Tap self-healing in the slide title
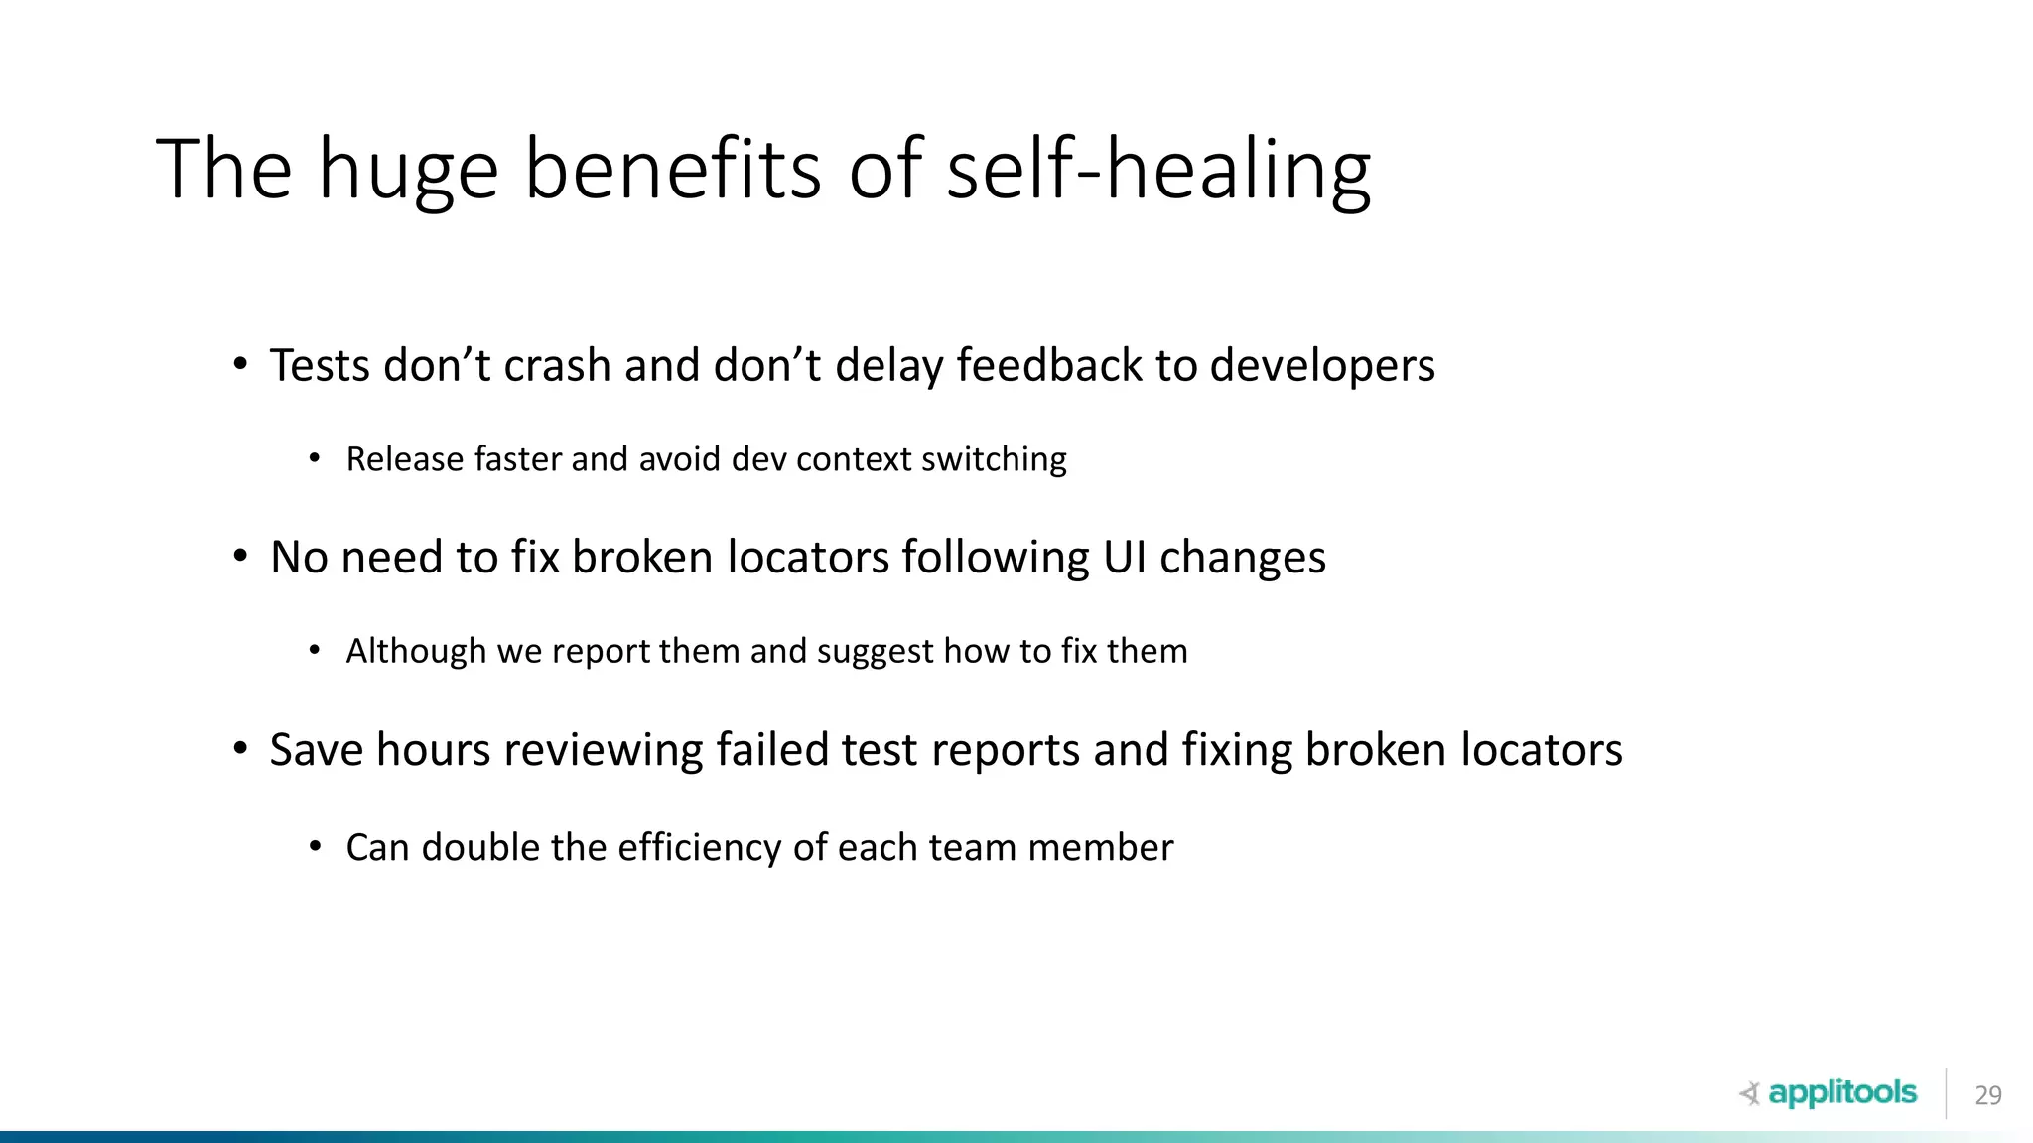point(1158,169)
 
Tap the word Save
point(316,749)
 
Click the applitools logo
point(1830,1093)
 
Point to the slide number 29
point(1987,1095)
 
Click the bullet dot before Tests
point(240,365)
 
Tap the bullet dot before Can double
point(315,847)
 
